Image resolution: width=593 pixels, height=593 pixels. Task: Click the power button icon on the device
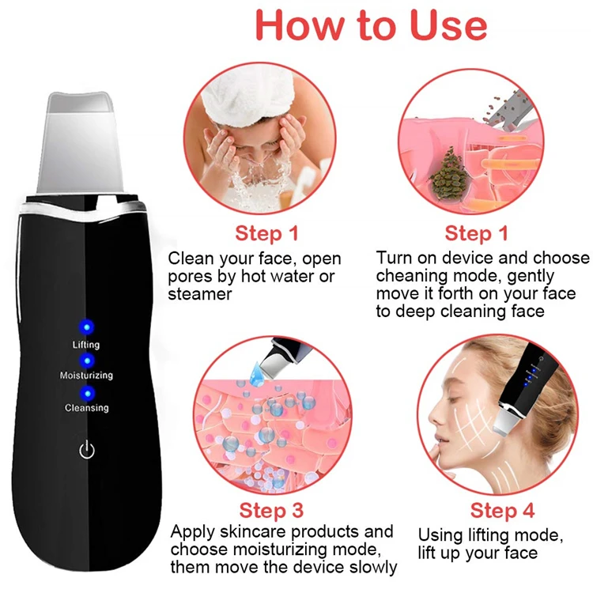87,451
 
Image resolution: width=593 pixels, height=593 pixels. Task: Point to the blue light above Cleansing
86,391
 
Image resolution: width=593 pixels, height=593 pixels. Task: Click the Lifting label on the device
86,345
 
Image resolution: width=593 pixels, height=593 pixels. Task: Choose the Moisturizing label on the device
86,376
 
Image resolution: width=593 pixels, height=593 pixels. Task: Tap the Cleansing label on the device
86,408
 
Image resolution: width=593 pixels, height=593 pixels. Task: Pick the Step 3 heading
272,510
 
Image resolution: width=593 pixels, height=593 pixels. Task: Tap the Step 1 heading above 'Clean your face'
267,233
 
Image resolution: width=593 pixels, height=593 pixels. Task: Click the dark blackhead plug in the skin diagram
452,170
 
